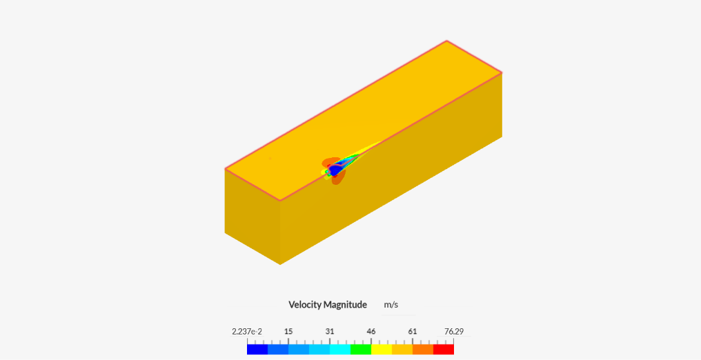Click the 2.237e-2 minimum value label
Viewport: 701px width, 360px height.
(x=247, y=332)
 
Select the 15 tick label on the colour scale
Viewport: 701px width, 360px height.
(x=288, y=332)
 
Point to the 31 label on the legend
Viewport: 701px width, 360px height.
(x=330, y=332)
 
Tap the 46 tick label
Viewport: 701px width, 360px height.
(x=371, y=332)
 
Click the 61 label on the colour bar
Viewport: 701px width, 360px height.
(x=412, y=332)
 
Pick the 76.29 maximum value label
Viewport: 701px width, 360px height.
(x=454, y=332)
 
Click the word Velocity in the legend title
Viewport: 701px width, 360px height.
(x=305, y=305)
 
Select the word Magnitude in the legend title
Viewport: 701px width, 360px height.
(x=346, y=305)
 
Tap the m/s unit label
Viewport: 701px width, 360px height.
(x=391, y=305)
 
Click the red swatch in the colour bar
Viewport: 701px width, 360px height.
(x=444, y=349)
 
